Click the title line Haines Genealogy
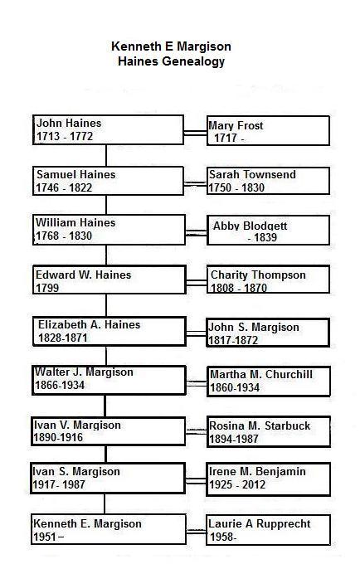[171, 61]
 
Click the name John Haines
[69, 123]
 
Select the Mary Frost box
[268, 130]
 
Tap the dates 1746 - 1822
[64, 187]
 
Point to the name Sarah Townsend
[252, 174]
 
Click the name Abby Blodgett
[251, 226]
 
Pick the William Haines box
[109, 230]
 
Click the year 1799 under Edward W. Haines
[47, 288]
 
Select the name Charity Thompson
[258, 275]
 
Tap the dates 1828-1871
[63, 338]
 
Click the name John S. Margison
[254, 328]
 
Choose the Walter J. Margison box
[109, 380]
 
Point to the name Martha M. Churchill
[261, 374]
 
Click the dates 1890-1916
[58, 437]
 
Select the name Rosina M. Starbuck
[260, 425]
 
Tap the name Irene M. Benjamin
[257, 471]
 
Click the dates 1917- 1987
[59, 484]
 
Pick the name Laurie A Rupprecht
[260, 523]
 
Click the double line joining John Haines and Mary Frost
[195, 133]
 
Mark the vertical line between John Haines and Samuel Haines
[106, 155]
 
